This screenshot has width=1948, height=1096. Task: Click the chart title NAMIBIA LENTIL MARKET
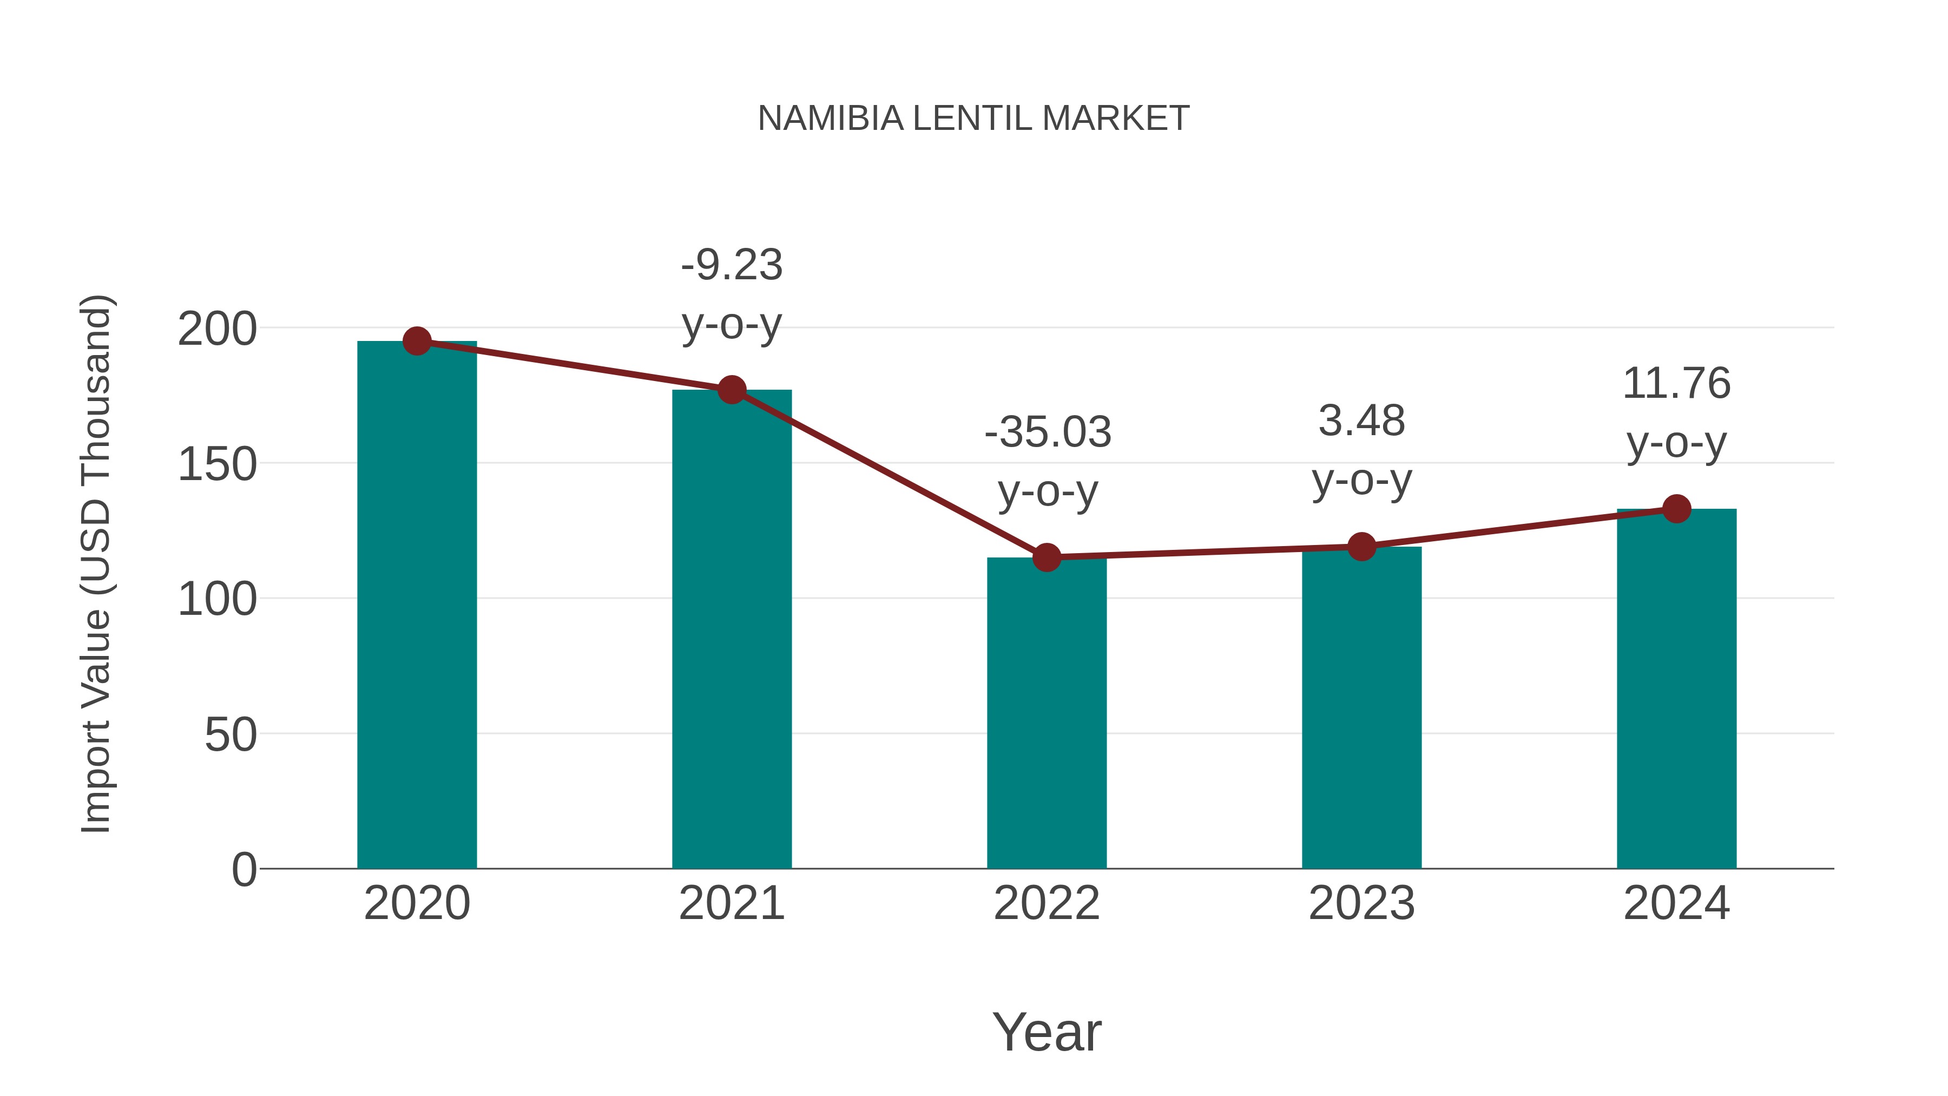point(973,119)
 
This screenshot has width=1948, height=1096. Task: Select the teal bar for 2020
point(417,605)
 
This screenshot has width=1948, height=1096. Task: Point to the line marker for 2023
point(1361,546)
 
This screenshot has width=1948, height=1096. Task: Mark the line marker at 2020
point(417,341)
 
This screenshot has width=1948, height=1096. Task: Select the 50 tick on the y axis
point(231,734)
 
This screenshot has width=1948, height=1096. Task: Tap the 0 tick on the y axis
point(244,870)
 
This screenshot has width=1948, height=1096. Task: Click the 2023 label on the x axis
point(1361,903)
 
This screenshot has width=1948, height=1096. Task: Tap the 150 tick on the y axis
point(217,464)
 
